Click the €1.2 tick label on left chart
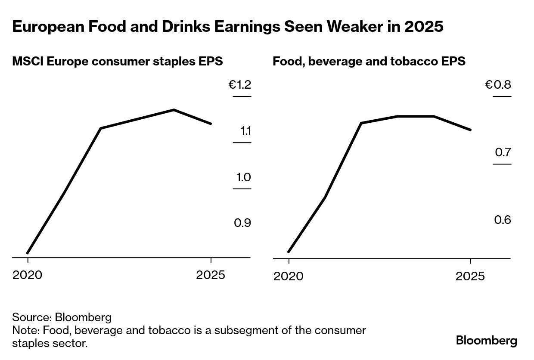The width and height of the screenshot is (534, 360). point(239,85)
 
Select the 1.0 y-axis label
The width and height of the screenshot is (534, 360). point(242,177)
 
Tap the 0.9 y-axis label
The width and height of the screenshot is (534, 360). point(242,223)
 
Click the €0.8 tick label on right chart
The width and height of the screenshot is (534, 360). point(498,85)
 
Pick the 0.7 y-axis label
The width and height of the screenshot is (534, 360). point(503,152)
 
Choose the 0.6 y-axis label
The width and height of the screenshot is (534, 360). point(503,220)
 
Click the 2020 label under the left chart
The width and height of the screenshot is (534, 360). point(28,275)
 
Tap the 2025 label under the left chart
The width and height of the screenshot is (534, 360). point(211,275)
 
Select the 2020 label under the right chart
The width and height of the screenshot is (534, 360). point(288,276)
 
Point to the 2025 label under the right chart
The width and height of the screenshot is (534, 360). point(470,276)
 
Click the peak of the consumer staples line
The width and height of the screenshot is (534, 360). point(174,109)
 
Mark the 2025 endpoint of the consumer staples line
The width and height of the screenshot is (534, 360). point(211,124)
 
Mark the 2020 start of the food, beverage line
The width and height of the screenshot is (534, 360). point(289,252)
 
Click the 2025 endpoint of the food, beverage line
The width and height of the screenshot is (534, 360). point(471,130)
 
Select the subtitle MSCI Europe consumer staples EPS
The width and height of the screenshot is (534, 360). point(117,61)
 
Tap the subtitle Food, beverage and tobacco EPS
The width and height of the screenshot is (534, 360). point(369,61)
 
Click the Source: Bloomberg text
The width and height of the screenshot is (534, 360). point(62,318)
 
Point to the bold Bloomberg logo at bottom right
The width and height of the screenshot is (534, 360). point(487,341)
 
